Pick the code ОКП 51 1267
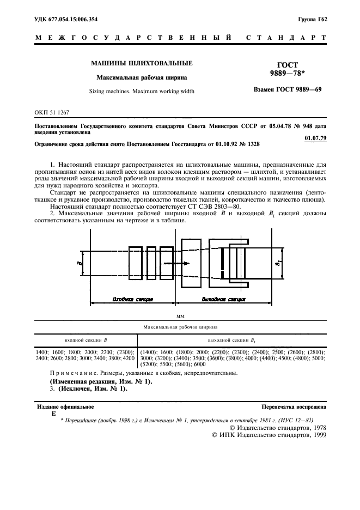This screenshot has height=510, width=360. click(51, 112)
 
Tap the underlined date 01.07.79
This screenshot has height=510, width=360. click(315, 138)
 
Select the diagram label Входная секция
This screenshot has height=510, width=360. click(132, 299)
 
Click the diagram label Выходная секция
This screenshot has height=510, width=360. click(223, 299)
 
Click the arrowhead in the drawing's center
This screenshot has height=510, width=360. click(186, 263)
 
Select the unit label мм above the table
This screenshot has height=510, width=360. click(180, 315)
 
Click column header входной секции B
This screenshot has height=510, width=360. click(86, 340)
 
